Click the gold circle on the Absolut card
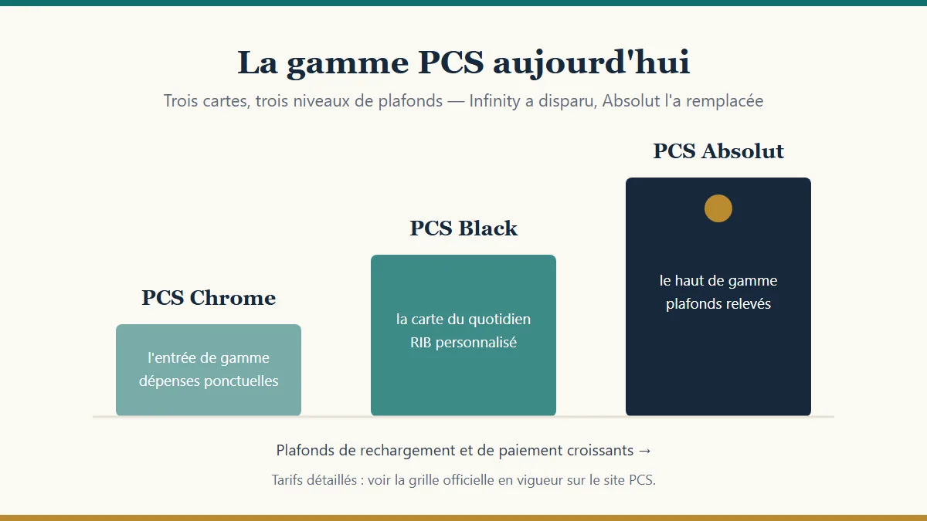pos(718,208)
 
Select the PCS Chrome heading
pos(209,298)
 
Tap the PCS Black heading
pos(463,228)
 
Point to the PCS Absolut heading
pos(718,151)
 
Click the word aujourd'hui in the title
pos(592,63)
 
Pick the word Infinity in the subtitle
pos(494,101)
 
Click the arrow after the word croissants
pos(644,451)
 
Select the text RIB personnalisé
pos(463,343)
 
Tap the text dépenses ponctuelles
pos(209,381)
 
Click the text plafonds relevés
pos(718,304)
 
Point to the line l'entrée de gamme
pos(209,357)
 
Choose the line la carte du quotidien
pos(463,320)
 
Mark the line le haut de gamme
pos(718,281)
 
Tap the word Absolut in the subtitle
pos(630,101)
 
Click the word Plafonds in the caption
pos(305,450)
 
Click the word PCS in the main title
pos(450,63)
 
